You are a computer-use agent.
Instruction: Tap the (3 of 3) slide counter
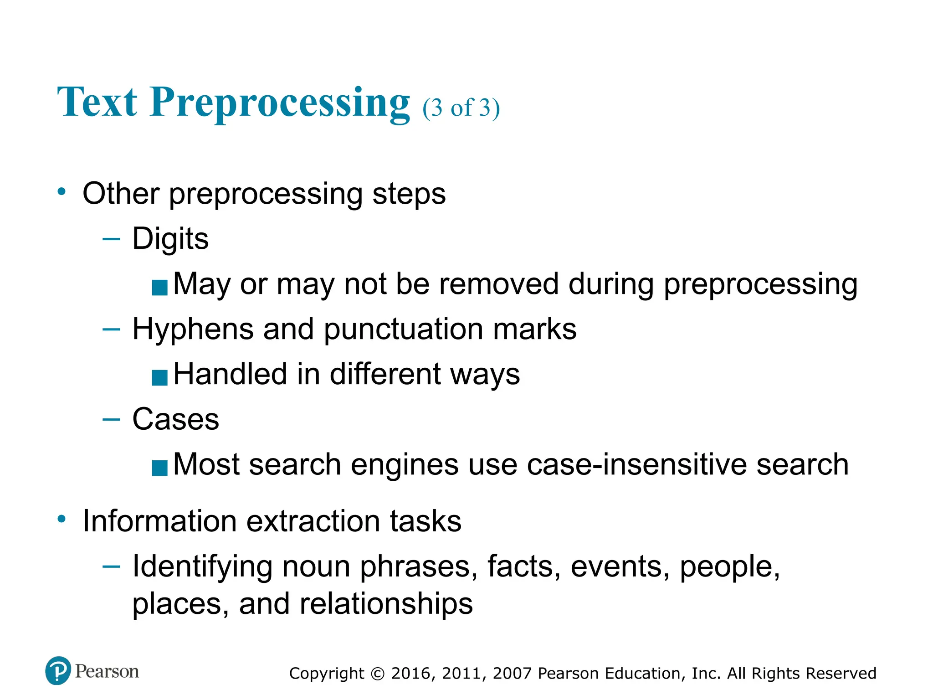click(x=461, y=108)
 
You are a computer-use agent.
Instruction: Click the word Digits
click(x=170, y=238)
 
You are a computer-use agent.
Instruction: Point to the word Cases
click(x=175, y=419)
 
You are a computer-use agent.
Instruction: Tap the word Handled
click(x=230, y=374)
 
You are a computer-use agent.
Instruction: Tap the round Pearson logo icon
click(x=58, y=671)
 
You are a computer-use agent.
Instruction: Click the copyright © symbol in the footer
click(x=378, y=674)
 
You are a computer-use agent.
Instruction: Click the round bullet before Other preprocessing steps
click(x=62, y=191)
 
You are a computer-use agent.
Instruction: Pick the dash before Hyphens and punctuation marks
click(x=112, y=329)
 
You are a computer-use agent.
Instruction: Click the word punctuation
click(x=403, y=329)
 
